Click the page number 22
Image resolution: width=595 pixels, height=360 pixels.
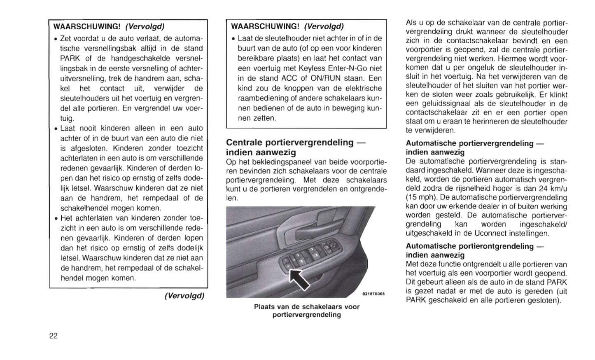coord(54,336)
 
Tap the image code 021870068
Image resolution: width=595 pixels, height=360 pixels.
coord(373,294)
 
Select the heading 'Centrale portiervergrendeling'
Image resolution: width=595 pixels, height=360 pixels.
coord(290,143)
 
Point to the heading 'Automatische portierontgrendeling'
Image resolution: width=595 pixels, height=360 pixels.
coord(469,246)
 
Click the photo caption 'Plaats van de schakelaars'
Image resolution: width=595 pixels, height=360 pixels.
coord(307,307)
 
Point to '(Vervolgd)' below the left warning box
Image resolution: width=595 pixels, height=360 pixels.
coord(184,296)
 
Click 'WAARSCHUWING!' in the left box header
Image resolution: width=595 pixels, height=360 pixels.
coord(87,27)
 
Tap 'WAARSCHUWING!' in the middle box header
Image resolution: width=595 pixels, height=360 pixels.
coord(265,27)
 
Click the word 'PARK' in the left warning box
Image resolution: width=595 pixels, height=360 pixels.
coord(69,58)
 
